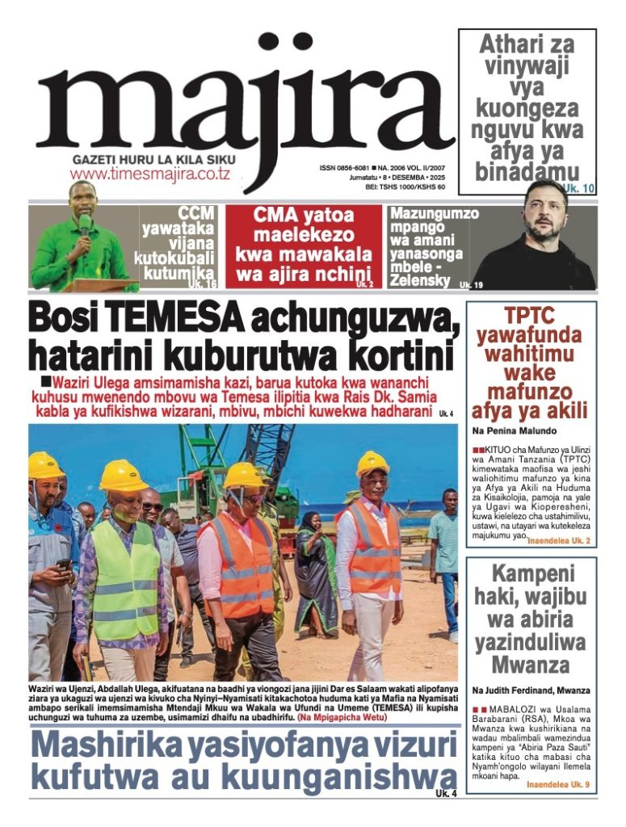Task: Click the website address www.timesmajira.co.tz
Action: coord(150,174)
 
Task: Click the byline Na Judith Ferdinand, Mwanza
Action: coord(531,691)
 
